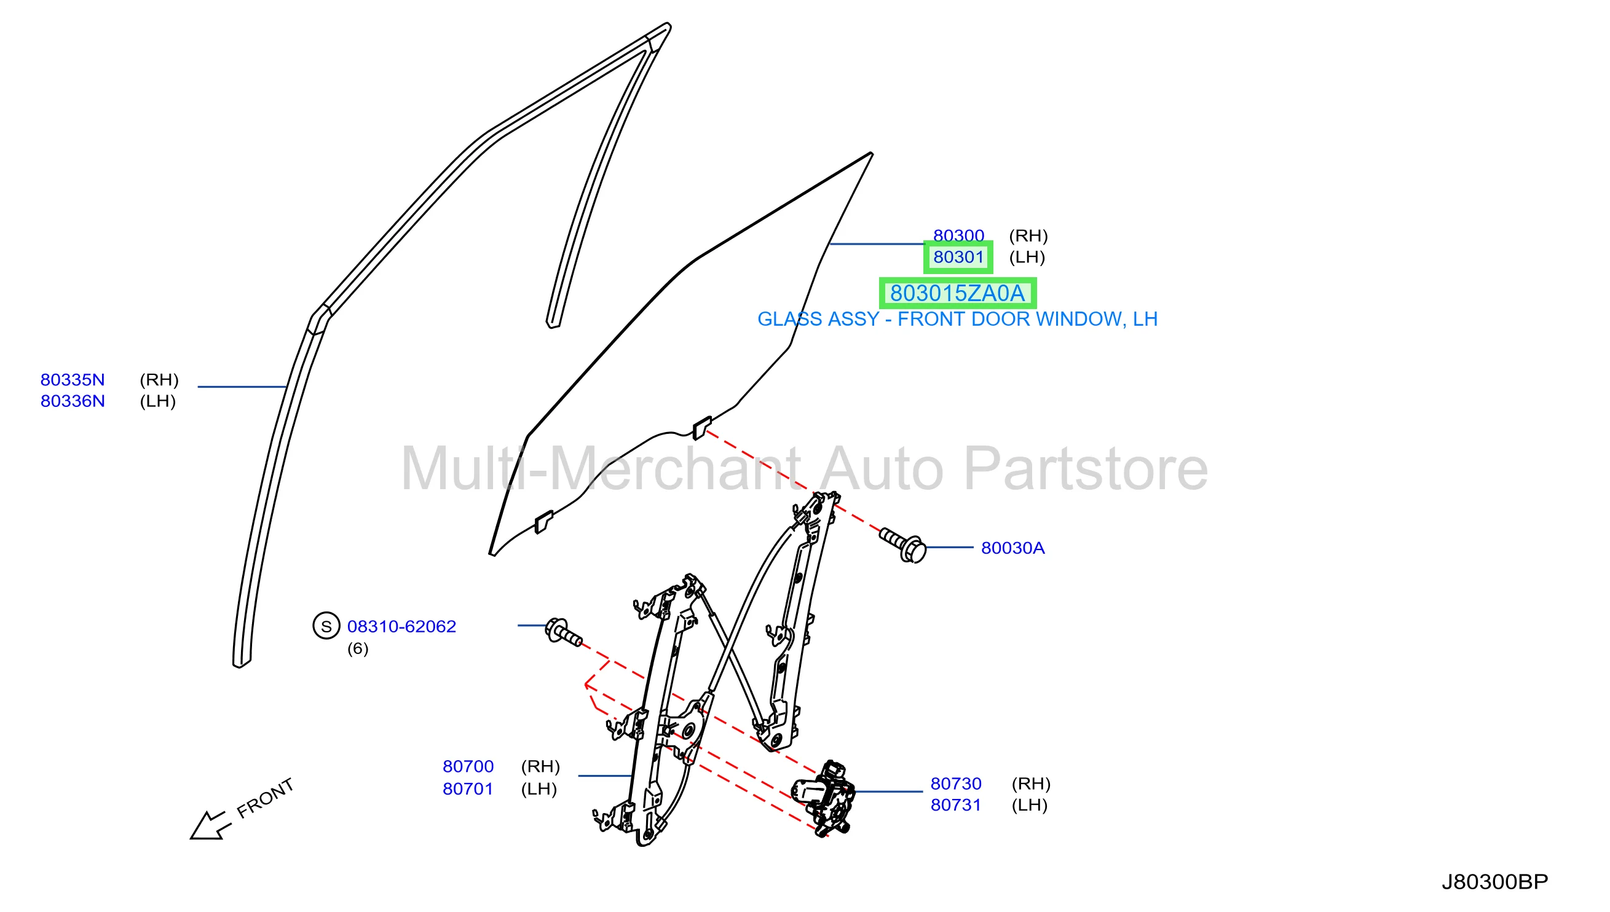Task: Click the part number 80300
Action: (958, 235)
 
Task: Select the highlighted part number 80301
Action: (958, 257)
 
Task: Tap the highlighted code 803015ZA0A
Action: (957, 293)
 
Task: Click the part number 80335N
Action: (73, 380)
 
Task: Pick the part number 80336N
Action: (73, 401)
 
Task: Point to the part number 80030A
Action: (1012, 548)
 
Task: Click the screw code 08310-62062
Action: (401, 626)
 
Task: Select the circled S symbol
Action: (326, 626)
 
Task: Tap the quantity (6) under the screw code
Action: (358, 648)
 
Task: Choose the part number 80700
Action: (468, 767)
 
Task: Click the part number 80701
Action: (468, 789)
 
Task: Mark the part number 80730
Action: (956, 784)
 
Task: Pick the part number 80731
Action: (956, 805)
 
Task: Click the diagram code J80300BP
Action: (1494, 882)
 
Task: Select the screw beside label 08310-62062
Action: (563, 632)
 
